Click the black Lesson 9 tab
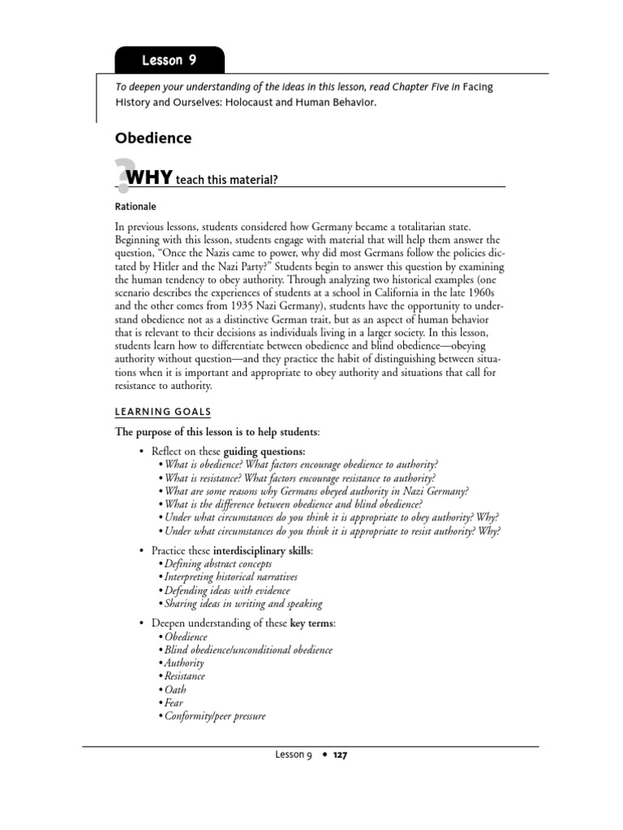tap(169, 60)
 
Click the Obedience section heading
tap(153, 139)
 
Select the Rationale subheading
tap(135, 206)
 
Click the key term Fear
tap(174, 703)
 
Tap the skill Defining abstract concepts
tap(217, 563)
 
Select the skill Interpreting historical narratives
tap(230, 577)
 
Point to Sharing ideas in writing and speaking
tap(243, 603)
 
